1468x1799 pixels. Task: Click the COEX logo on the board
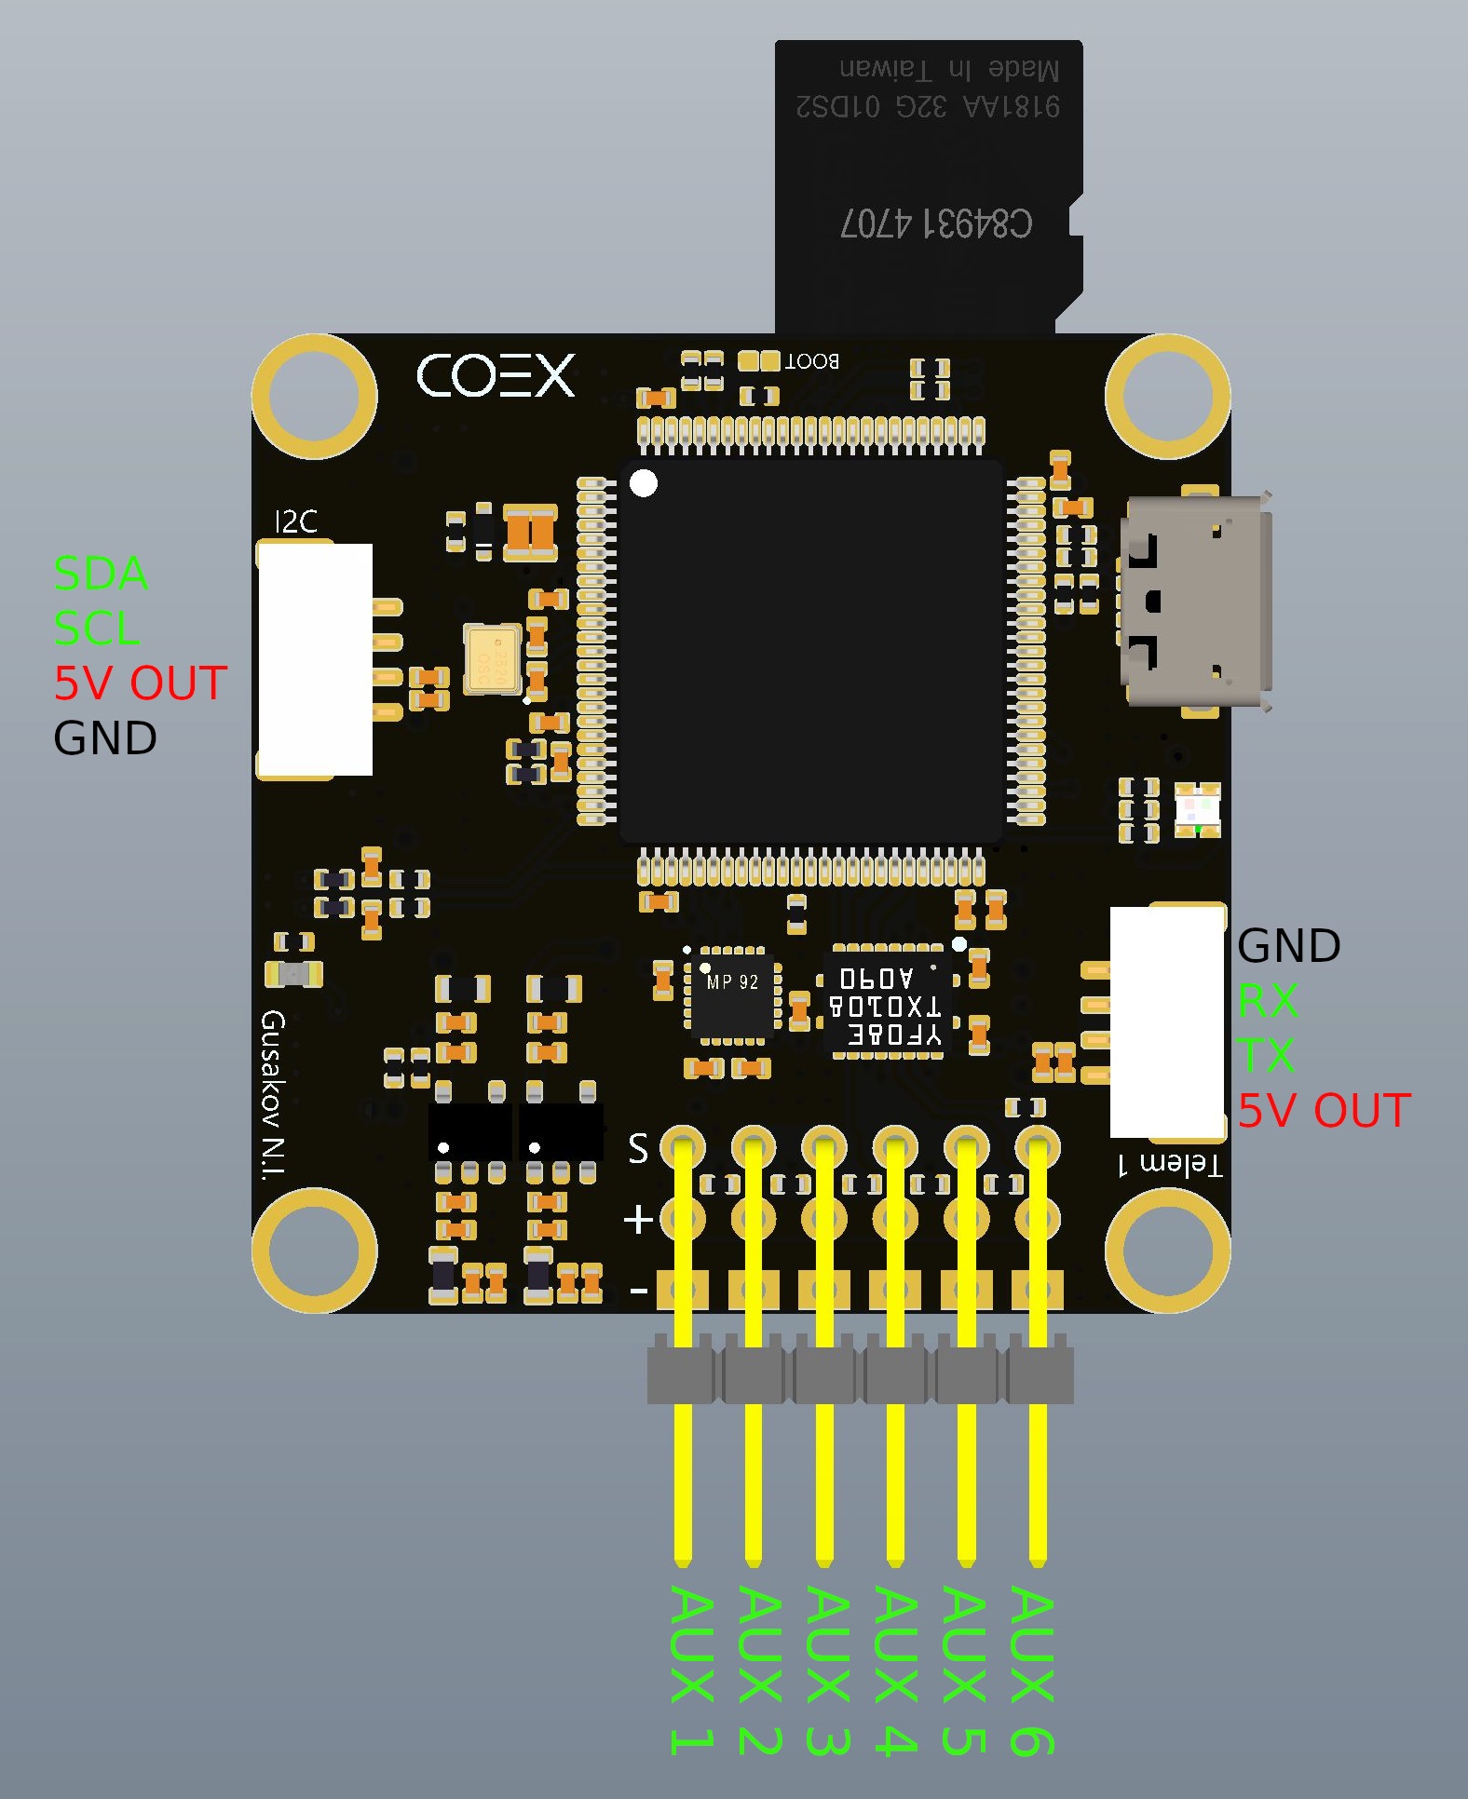[x=496, y=376]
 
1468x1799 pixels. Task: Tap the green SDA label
[x=101, y=574]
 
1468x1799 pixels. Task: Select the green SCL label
[x=97, y=629]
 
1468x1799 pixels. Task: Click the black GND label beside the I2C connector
[x=105, y=738]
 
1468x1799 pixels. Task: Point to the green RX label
[x=1268, y=1001]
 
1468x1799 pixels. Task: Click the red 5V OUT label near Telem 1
[x=1324, y=1111]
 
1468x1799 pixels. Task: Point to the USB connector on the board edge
[x=1196, y=602]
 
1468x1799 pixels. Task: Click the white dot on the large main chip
[x=644, y=483]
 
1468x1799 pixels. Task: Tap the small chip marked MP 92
[x=732, y=994]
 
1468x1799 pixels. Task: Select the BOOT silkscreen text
[x=812, y=361]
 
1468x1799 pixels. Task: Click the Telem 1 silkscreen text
[x=1170, y=1164]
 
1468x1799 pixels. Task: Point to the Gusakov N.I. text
[x=273, y=1095]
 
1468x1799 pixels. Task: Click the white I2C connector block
[x=316, y=659]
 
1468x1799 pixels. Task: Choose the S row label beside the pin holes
[x=638, y=1148]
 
